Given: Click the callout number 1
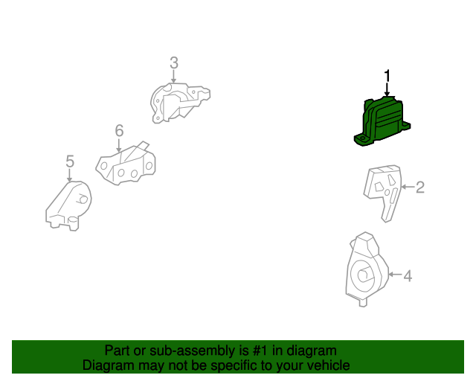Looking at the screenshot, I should tap(387, 75).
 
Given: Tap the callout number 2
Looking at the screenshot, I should tap(419, 187).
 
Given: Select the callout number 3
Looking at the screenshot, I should tap(173, 63).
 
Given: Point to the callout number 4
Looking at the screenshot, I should tap(407, 276).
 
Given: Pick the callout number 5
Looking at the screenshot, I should tap(70, 161).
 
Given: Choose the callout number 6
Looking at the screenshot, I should tap(119, 131).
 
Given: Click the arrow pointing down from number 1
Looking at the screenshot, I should tap(387, 89).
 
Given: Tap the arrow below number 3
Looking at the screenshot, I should tap(173, 77).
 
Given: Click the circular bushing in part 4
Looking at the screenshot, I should tap(364, 276).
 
